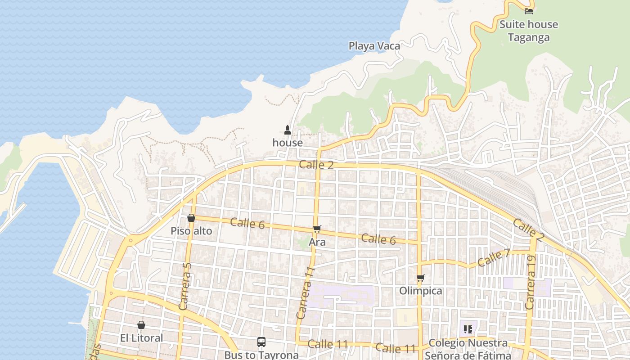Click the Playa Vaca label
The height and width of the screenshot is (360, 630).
click(374, 45)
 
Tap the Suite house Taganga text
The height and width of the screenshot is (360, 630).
click(529, 31)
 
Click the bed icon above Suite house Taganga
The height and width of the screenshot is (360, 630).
click(529, 11)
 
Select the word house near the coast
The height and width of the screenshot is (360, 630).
click(288, 143)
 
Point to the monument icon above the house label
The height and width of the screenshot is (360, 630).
click(288, 130)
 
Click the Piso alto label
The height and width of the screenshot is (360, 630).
click(191, 231)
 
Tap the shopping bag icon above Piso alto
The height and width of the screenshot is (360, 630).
click(191, 218)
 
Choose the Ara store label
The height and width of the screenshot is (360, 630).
click(317, 242)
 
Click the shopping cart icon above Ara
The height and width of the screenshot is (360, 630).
click(317, 229)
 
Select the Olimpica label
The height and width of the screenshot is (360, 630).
click(421, 291)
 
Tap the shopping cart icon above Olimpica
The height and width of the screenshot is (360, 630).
click(420, 278)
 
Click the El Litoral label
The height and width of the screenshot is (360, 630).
click(141, 337)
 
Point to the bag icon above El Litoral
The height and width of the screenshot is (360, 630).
click(141, 325)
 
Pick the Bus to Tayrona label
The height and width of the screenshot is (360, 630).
click(261, 355)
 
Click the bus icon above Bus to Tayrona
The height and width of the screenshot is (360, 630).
click(261, 342)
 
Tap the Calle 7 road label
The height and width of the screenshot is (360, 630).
click(494, 258)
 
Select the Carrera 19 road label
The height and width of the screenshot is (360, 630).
click(531, 282)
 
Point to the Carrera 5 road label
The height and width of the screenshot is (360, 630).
click(185, 286)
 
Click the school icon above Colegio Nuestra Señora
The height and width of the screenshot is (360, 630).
click(468, 329)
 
